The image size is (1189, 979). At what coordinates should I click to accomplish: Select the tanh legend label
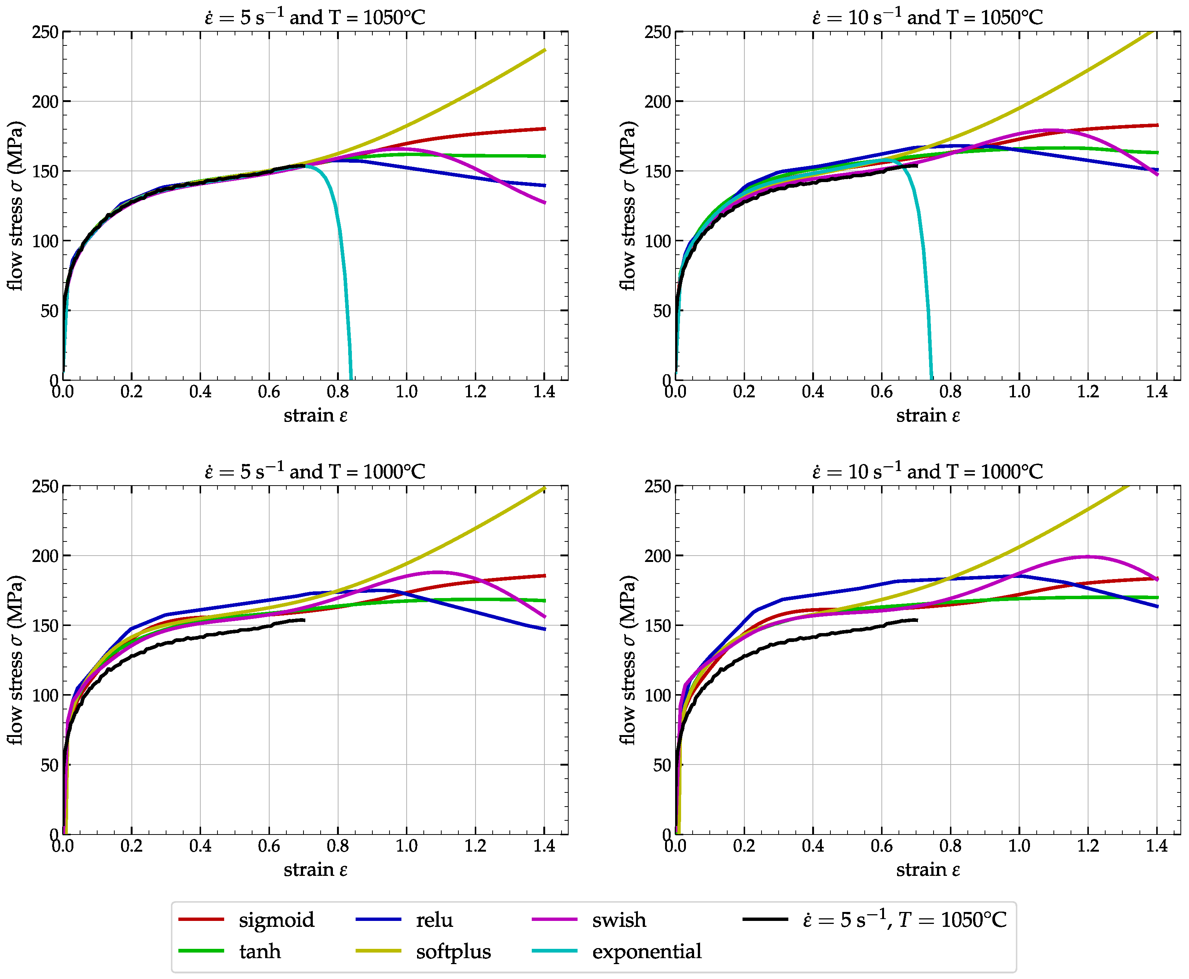point(260,951)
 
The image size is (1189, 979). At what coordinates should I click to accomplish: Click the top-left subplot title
point(315,17)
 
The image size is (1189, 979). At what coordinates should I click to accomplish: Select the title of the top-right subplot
point(928,17)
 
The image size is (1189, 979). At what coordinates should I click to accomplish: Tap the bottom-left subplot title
point(315,471)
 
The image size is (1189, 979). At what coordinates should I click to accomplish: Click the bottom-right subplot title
point(928,471)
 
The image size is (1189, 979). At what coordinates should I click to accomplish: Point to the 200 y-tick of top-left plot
point(45,102)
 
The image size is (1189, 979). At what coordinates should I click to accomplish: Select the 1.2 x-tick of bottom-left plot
point(475,846)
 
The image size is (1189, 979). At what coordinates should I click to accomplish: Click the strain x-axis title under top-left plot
point(315,416)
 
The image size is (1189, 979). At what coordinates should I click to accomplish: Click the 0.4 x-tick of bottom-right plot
point(813,846)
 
